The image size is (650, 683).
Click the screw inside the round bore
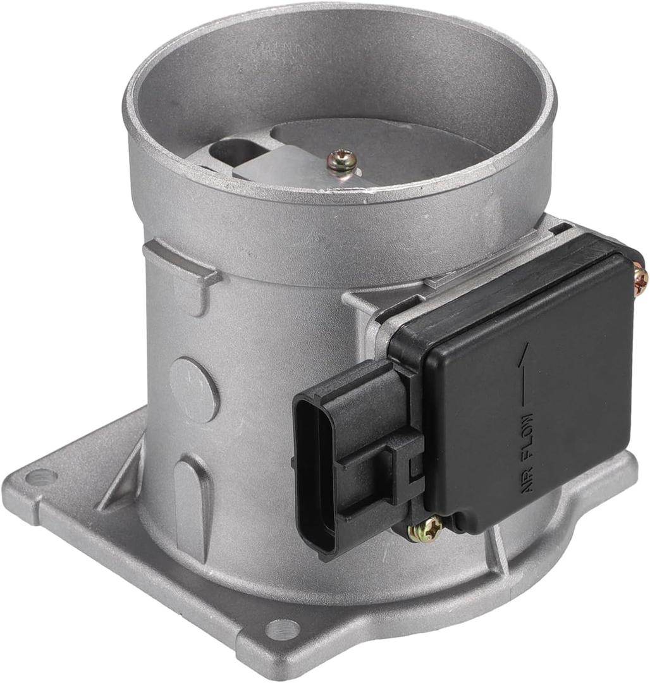[x=341, y=160]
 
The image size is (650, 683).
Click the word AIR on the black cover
[x=527, y=479]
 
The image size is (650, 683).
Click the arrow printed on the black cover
[x=524, y=374]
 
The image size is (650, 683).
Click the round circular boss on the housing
[x=194, y=390]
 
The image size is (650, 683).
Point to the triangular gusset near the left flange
[x=120, y=481]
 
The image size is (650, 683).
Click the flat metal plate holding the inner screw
[x=297, y=168]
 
